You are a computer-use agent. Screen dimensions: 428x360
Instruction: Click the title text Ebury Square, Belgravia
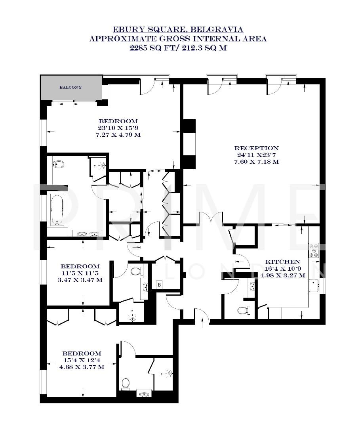point(178,30)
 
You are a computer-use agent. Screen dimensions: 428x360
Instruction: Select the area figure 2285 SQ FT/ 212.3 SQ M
point(178,48)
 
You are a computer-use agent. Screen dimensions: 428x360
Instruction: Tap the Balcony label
point(70,87)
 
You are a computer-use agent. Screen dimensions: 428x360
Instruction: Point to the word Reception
point(256,148)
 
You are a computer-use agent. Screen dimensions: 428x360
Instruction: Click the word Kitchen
point(282,262)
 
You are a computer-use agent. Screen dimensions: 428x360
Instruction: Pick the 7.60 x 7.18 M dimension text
point(256,162)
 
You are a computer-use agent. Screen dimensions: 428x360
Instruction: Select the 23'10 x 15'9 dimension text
point(118,128)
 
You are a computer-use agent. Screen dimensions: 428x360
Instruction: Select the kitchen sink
point(314,284)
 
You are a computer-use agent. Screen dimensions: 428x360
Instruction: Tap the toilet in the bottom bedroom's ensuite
point(126,383)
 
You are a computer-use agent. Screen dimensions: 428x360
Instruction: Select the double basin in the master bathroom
point(88,234)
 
